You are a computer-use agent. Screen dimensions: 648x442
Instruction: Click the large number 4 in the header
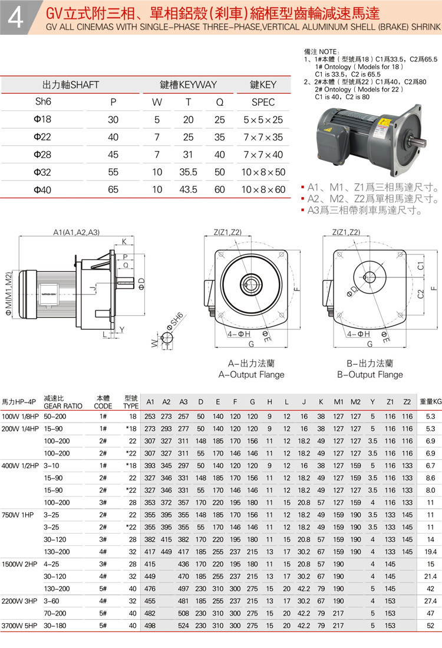coord(16,18)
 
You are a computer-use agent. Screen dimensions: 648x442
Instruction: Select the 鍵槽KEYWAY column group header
coord(189,84)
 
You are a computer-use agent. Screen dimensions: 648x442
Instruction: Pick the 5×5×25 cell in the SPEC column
coord(263,120)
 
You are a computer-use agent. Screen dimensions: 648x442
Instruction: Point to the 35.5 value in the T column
coord(188,172)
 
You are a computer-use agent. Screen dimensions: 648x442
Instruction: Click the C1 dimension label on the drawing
coord(421,266)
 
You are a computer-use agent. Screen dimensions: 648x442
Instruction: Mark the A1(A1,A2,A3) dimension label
coord(77,232)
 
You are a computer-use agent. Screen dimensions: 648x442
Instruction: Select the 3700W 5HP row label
coord(19,625)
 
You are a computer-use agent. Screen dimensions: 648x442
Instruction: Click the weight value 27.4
coord(430,600)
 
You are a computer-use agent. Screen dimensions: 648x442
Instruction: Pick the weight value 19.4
coord(430,551)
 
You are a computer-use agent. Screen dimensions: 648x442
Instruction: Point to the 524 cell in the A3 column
coord(183,625)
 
